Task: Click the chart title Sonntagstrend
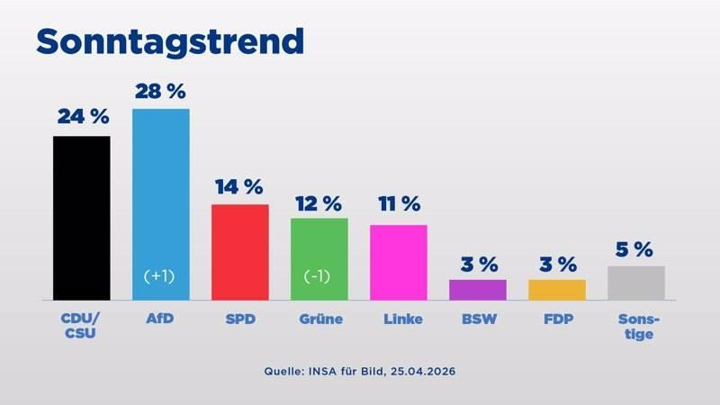point(169,41)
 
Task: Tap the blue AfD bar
point(161,198)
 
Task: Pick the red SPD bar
point(240,252)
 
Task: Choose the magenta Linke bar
point(399,262)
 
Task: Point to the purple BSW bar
point(478,290)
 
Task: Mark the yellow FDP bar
point(557,290)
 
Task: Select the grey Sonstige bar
point(636,283)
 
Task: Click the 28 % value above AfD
point(161,91)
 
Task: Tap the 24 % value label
point(83,117)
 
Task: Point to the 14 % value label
point(239,187)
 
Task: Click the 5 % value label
point(635,249)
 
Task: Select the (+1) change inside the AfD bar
point(161,275)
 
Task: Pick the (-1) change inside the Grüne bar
point(319,275)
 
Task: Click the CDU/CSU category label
point(82,327)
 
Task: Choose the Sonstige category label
point(636,327)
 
